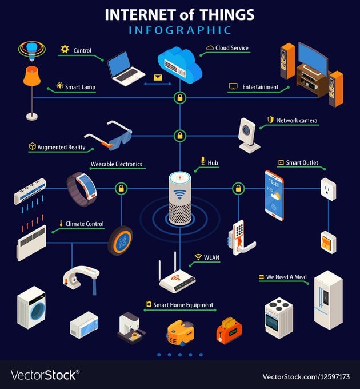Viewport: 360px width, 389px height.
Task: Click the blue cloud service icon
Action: click(180, 65)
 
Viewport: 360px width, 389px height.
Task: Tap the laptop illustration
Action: click(125, 69)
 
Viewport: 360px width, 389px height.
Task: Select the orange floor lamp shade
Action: click(31, 76)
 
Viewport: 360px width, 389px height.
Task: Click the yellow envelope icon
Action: click(158, 78)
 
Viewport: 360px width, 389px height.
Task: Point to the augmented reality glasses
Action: click(109, 136)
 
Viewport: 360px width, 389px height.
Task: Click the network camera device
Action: click(249, 135)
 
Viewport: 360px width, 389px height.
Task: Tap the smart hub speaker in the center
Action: click(180, 198)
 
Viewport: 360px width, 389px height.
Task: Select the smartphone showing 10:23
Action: click(274, 196)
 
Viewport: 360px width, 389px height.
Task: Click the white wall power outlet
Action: click(329, 189)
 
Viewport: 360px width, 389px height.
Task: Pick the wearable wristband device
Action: click(82, 189)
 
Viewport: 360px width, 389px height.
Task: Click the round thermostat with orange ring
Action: click(121, 241)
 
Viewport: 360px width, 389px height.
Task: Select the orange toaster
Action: click(229, 331)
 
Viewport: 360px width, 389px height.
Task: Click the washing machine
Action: click(31, 308)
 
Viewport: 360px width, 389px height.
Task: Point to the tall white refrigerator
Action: click(329, 300)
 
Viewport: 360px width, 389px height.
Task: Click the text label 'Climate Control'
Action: click(85, 224)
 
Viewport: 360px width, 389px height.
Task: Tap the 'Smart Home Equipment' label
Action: click(183, 305)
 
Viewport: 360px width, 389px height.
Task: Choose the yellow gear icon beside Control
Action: click(65, 49)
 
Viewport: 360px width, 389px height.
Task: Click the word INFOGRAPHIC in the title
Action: click(180, 30)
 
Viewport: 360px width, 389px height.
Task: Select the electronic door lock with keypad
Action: click(241, 237)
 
